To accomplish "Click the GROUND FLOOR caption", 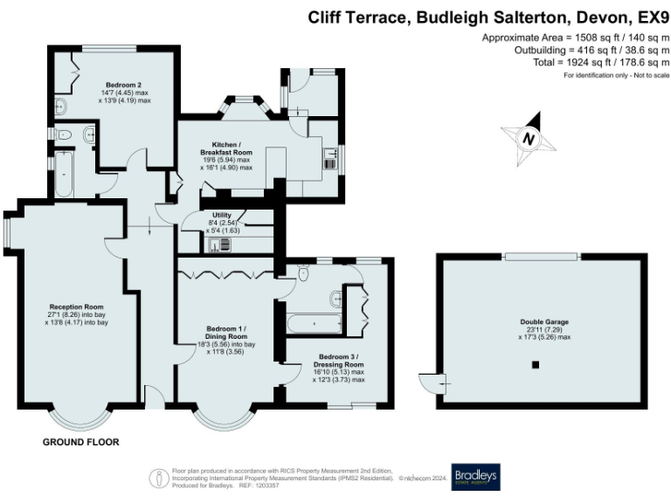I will point(81,443).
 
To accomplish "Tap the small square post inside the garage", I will point(536,364).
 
